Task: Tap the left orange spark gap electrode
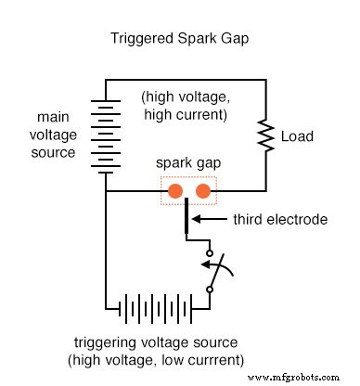pos(174,192)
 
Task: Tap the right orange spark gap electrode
pos(204,192)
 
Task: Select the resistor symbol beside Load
pos(267,137)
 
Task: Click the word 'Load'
pos(297,137)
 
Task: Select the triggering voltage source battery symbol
pos(155,307)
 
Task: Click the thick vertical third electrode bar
pos(188,217)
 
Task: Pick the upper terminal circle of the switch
pos(210,252)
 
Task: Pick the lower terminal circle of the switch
pos(210,289)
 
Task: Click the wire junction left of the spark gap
pos(105,192)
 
